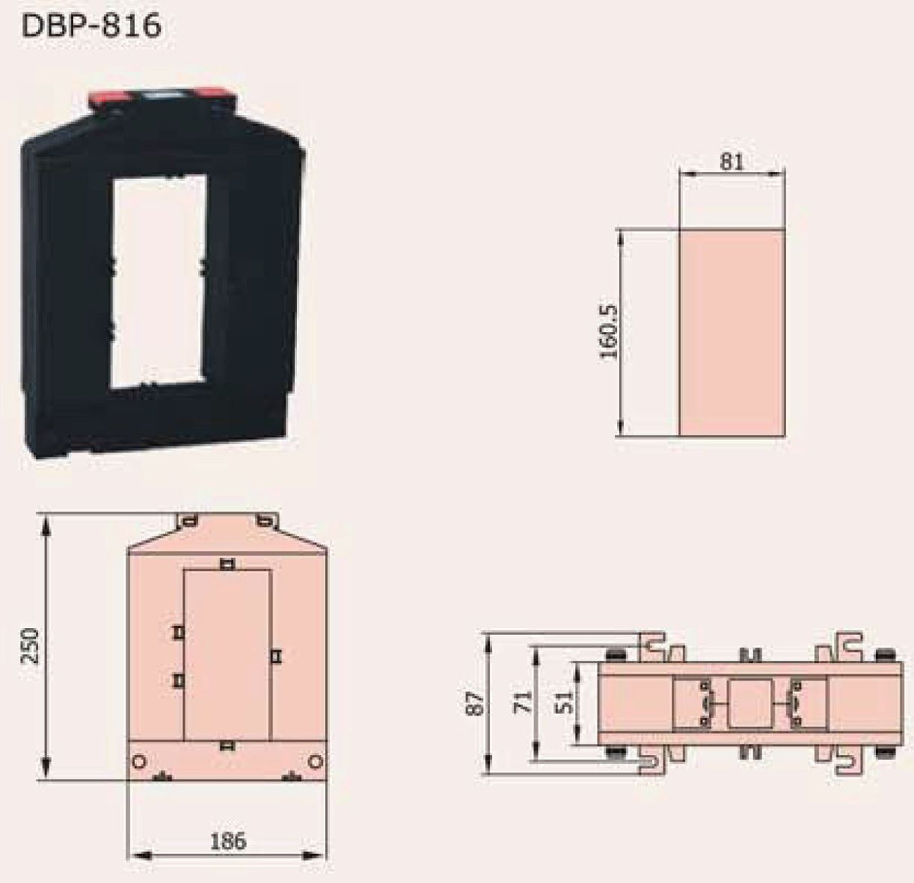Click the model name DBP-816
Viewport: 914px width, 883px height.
(92, 26)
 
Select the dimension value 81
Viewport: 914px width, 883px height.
(731, 162)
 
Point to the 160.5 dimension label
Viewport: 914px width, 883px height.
(609, 332)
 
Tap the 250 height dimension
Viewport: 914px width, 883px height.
(30, 646)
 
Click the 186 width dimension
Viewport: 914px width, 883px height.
(228, 841)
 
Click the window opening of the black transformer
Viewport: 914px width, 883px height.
(158, 282)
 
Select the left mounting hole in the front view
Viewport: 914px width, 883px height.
(139, 762)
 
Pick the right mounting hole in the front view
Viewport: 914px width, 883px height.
(315, 762)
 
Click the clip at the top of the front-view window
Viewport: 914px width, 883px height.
(226, 564)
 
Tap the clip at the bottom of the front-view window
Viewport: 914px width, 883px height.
(225, 745)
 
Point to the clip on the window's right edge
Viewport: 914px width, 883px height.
(275, 655)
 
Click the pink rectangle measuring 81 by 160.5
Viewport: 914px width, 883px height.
(731, 333)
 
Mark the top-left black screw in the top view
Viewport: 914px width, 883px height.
(614, 656)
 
